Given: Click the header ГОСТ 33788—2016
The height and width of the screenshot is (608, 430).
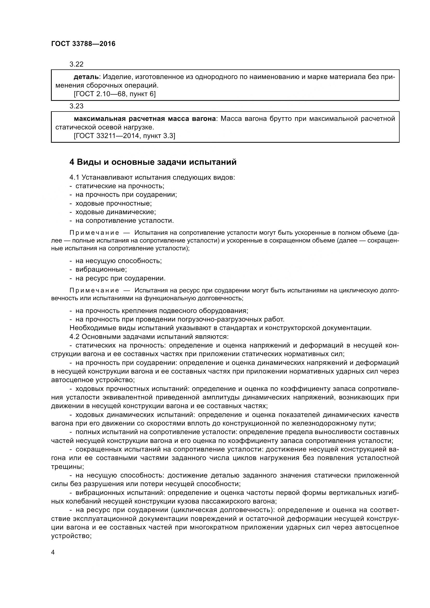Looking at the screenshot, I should [83, 44].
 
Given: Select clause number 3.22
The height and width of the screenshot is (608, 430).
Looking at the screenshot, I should [76, 64].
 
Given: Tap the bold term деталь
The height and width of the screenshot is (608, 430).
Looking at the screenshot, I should [86, 77].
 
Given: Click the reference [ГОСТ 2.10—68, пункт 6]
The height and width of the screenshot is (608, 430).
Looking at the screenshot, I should [114, 94].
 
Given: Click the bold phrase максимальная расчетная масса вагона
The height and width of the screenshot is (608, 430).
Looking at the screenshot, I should [145, 119].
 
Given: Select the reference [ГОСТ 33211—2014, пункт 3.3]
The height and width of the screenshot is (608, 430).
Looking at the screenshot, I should [124, 136].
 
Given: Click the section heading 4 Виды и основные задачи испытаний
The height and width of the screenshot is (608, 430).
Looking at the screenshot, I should [153, 162].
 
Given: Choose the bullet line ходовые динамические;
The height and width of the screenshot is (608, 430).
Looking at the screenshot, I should [115, 212].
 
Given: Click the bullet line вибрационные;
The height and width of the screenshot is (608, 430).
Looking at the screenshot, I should [101, 269].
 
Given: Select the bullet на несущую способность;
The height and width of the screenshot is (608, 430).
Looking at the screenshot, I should [118, 261].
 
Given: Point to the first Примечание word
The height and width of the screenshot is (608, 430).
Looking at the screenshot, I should [94, 233].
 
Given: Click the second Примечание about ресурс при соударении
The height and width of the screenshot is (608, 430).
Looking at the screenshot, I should [94, 291].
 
